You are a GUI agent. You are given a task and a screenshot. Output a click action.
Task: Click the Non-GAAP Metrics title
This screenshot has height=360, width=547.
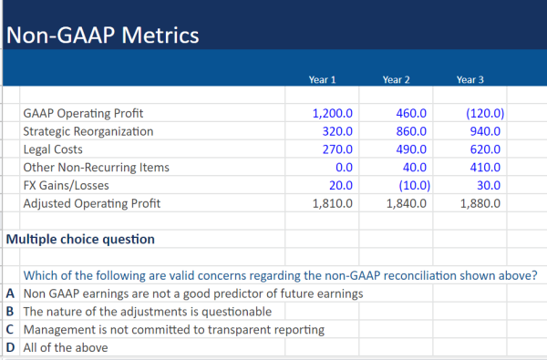tap(101, 36)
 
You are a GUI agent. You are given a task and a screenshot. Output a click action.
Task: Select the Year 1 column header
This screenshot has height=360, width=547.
tap(323, 80)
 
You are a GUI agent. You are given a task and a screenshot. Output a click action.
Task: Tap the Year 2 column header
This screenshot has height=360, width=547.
tap(396, 80)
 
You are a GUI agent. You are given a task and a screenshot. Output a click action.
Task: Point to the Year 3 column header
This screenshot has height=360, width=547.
tap(470, 80)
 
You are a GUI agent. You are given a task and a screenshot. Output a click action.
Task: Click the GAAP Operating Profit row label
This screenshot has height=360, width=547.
tap(83, 114)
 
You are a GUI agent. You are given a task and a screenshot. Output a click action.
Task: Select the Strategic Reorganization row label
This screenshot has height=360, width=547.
tap(88, 131)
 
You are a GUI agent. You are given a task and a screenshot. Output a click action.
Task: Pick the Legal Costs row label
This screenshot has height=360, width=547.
tap(53, 149)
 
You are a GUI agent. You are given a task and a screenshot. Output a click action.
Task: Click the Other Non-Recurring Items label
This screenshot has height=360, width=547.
tap(96, 168)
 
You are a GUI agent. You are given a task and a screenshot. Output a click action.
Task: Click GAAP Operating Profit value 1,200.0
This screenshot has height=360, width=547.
tap(332, 114)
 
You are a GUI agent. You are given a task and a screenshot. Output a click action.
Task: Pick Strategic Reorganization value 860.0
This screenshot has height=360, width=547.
tap(408, 131)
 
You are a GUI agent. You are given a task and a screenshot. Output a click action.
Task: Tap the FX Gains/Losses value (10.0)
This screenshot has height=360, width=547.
tap(408, 185)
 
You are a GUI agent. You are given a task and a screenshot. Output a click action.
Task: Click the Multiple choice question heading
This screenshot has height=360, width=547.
tap(80, 239)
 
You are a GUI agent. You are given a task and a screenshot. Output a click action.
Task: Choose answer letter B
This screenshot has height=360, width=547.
tap(9, 311)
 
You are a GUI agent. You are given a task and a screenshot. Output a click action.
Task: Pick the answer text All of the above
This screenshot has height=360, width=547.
tap(66, 347)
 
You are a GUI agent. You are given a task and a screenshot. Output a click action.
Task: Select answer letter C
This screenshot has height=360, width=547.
tap(9, 329)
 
